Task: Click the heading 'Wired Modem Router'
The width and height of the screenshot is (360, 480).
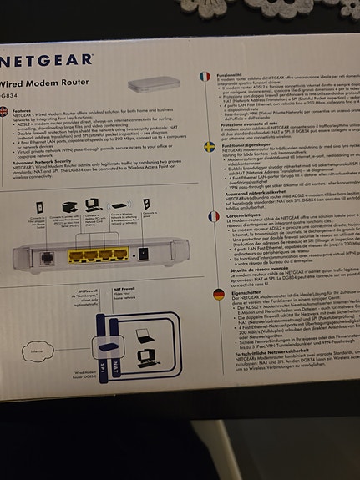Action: [42, 83]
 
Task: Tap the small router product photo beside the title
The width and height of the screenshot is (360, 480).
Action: [165, 84]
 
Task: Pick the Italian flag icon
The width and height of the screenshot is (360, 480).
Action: [205, 76]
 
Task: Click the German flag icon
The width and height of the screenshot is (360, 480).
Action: [219, 294]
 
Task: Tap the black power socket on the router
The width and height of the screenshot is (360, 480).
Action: [143, 253]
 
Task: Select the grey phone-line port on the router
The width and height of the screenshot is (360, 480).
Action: [44, 258]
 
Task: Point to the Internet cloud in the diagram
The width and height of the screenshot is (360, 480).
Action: [37, 353]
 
